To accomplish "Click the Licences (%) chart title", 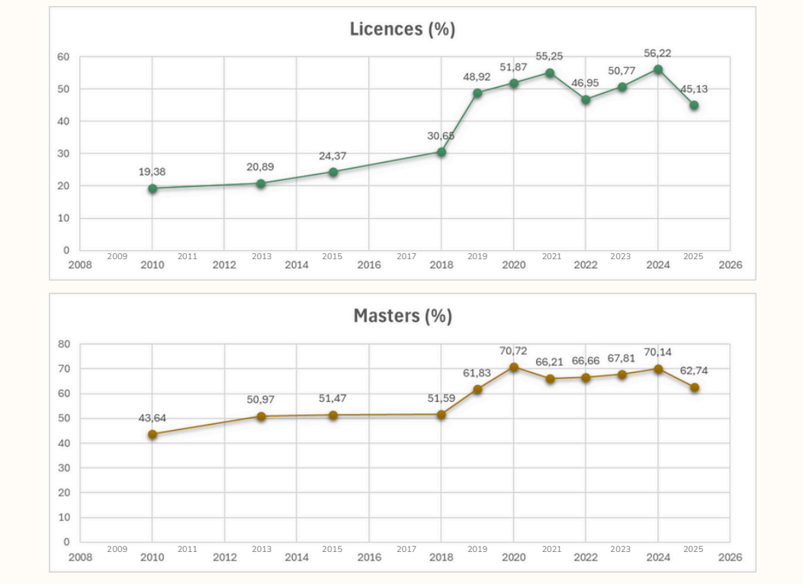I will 403,29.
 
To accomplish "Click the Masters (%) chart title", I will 403,316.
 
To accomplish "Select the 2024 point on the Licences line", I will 658,69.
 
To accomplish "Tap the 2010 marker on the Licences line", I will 153,188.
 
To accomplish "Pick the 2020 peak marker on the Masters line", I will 514,367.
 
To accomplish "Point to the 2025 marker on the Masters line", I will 694,387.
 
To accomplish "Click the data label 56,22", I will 657,53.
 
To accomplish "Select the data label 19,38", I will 152,172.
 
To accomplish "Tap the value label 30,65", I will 440,136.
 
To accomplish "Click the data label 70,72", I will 513,351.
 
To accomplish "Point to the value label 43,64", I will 152,418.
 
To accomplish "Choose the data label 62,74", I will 694,371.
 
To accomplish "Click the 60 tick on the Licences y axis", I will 63,57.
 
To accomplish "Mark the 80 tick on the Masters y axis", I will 63,344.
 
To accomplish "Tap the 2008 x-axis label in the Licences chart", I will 80,265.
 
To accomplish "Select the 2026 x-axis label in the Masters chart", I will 730,557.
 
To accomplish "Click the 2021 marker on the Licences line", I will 549,72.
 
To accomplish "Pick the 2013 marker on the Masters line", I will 261,416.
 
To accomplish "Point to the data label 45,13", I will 693,89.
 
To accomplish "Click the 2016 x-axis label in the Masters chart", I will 369,557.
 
